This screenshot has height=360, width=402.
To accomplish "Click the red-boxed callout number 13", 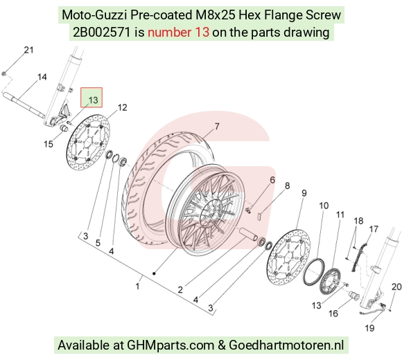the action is pyautogui.click(x=94, y=100).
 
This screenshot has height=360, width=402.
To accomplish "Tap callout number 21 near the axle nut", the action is pyautogui.click(x=28, y=50).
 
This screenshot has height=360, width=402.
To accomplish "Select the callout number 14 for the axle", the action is pyautogui.click(x=42, y=77).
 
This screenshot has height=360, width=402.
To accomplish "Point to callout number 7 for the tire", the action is pyautogui.click(x=217, y=126).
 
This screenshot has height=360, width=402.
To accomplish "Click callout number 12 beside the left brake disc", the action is pyautogui.click(x=122, y=107).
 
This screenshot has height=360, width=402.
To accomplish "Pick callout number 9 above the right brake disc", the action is pyautogui.click(x=304, y=192).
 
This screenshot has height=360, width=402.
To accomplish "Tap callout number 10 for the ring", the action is pyautogui.click(x=324, y=206).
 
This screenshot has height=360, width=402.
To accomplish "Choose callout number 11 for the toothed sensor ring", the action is pyautogui.click(x=340, y=215).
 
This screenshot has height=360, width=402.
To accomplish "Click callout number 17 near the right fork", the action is pyautogui.click(x=374, y=229).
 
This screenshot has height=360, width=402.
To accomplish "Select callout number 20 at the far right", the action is pyautogui.click(x=396, y=287).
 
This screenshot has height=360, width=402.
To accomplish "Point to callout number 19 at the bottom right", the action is pyautogui.click(x=369, y=328).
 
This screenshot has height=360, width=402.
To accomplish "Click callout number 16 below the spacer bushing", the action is pyautogui.click(x=333, y=313).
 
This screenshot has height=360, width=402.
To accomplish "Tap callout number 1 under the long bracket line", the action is pyautogui.click(x=138, y=286).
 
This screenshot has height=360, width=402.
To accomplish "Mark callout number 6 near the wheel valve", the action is pyautogui.click(x=272, y=180).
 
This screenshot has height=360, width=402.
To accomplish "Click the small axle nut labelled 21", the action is pyautogui.click(x=4, y=74).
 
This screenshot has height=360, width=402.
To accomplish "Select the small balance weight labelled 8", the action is pyautogui.click(x=259, y=215).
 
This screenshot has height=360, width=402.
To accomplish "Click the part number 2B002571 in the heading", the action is pyautogui.click(x=102, y=33).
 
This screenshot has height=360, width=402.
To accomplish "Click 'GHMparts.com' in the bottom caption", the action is pyautogui.click(x=171, y=345).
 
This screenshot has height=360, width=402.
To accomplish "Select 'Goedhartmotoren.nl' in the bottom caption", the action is pyautogui.click(x=286, y=345).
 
